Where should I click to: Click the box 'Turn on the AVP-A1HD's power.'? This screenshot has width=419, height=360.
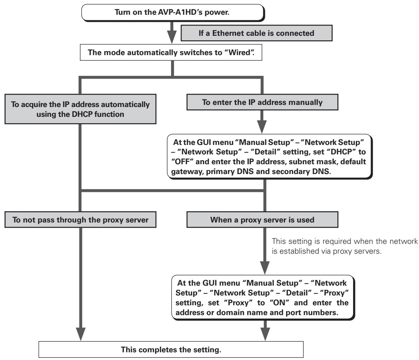tap(173, 12)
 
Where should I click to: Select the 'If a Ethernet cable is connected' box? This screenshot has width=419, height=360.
tap(257, 33)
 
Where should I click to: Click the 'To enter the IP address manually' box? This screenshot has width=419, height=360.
tap(262, 102)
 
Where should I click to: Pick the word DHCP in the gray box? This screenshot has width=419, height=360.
tap(82, 114)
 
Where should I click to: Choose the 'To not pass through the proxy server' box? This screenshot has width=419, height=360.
tap(80, 220)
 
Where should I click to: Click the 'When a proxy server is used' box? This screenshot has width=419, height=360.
tap(262, 220)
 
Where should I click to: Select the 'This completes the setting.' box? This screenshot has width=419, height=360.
tap(171, 349)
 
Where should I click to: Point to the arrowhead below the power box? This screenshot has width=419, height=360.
tap(172, 37)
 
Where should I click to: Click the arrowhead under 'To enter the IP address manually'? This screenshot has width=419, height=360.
tap(262, 127)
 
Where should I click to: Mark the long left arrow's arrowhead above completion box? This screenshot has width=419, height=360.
tap(80, 334)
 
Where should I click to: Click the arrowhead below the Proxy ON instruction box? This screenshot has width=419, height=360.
tap(265, 334)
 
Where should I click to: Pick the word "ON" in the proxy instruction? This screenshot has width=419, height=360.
tap(279, 303)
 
